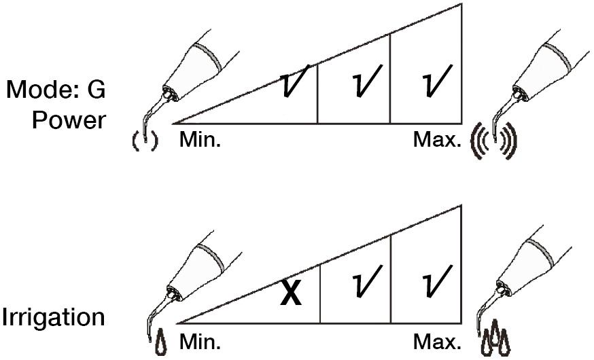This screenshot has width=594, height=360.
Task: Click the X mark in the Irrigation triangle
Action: [291, 293]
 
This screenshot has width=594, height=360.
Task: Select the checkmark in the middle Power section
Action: [366, 82]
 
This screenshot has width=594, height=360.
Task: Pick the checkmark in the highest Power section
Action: [438, 82]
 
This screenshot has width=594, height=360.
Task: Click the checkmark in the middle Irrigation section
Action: [366, 281]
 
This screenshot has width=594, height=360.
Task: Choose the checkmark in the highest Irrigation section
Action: [438, 281]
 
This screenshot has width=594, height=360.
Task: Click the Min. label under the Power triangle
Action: [200, 140]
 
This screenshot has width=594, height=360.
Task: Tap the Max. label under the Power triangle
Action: [437, 140]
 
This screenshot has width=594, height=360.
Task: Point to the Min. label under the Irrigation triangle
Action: [200, 342]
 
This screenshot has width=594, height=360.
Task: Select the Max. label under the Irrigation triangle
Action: [437, 342]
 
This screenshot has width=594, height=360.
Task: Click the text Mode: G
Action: [56, 90]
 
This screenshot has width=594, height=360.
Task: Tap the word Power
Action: [69, 120]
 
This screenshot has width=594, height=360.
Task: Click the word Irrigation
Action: [54, 317]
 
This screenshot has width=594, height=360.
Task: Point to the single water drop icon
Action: [162, 342]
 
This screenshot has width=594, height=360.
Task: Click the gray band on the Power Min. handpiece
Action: [209, 57]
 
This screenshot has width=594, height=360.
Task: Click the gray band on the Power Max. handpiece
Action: [557, 57]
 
